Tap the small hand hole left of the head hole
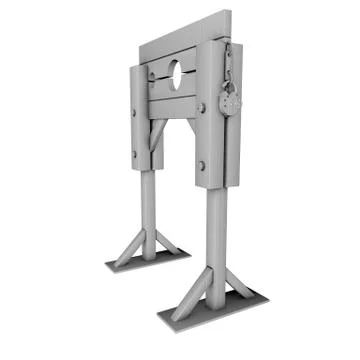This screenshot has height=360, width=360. point(152,77)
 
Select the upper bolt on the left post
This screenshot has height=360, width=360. point(133,111)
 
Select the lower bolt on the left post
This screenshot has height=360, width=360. point(133,152)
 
